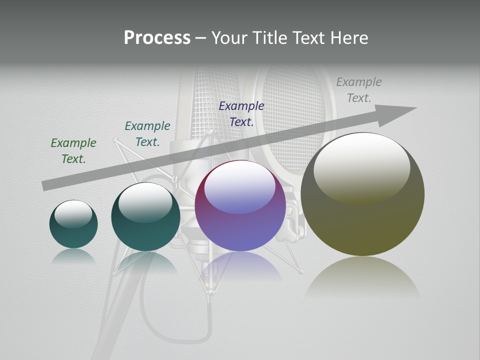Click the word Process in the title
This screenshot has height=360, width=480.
157,38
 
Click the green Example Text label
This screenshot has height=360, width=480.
73,150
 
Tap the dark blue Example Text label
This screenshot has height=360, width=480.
241,113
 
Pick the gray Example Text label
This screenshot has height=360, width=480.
359,90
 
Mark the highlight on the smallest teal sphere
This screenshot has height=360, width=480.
73,213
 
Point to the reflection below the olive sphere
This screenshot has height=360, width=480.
362,277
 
